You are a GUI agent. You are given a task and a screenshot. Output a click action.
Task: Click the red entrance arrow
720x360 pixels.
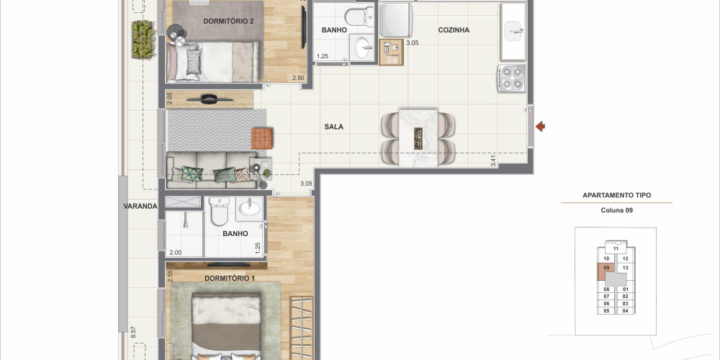click(540, 126)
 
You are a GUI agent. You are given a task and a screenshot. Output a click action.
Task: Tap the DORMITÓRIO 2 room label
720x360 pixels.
click(228, 21)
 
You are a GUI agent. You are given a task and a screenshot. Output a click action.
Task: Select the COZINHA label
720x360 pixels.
click(454, 30)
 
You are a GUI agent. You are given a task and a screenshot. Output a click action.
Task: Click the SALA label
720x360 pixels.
click(334, 127)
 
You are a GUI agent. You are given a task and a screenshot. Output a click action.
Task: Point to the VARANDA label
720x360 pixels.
click(140, 206)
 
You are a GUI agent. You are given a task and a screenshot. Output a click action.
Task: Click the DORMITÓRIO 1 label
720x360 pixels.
click(230, 278)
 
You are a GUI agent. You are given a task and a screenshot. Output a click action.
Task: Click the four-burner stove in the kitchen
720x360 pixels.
click(511, 78)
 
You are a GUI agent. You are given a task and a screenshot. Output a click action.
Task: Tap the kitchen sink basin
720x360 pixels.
click(513, 31)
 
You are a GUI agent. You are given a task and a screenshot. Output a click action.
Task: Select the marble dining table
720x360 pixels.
click(418, 138)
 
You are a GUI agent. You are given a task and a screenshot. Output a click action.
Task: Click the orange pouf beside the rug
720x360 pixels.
click(262, 139)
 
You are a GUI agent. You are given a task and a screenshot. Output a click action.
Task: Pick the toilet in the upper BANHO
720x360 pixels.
click(359, 17)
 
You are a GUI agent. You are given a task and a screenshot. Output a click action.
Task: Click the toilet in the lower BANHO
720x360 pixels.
click(219, 211)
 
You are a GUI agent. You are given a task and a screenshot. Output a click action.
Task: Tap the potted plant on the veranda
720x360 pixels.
click(144, 40)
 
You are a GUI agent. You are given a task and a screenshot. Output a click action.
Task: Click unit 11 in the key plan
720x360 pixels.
click(616, 249)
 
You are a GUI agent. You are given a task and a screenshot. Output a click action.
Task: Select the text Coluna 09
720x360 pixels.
click(617, 210)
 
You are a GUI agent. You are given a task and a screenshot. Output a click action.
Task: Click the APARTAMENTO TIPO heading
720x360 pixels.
click(617, 195)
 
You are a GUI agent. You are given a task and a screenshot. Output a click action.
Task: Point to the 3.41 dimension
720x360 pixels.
click(493, 161)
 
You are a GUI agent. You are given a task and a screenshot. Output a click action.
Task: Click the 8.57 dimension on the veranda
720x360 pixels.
click(133, 332)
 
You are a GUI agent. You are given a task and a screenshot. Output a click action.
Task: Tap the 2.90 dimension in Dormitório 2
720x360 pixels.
click(298, 78)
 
